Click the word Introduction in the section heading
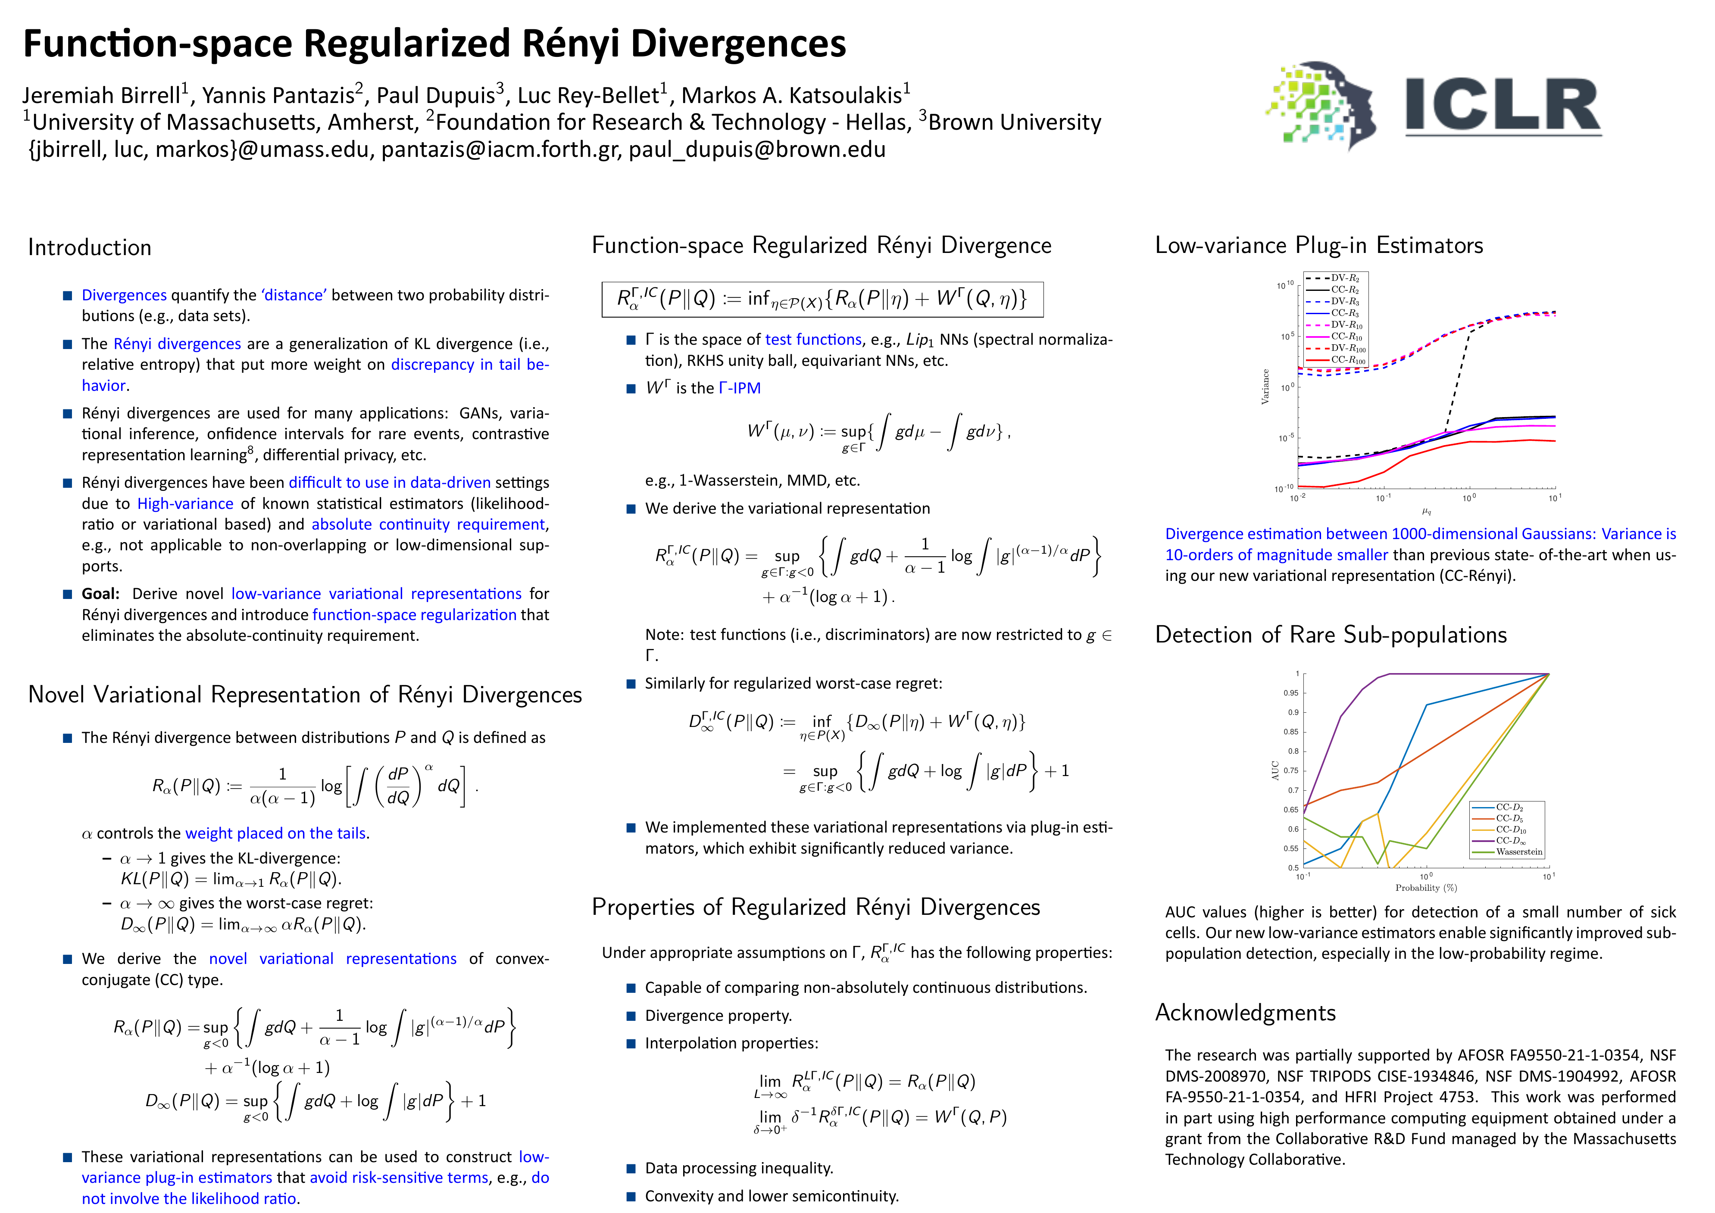pos(90,247)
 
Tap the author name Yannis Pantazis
pos(278,96)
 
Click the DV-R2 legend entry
pos(1344,278)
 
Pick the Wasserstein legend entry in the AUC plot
pos(1518,851)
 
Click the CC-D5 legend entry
pos(1509,819)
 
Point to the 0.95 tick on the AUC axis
pos(1291,693)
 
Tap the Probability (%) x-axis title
pos(1426,888)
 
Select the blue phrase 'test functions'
pos(813,340)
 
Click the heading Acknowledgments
pos(1245,1013)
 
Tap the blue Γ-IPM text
pos(740,388)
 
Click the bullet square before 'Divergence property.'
pos(631,1016)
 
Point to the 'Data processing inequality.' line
pos(739,1168)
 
